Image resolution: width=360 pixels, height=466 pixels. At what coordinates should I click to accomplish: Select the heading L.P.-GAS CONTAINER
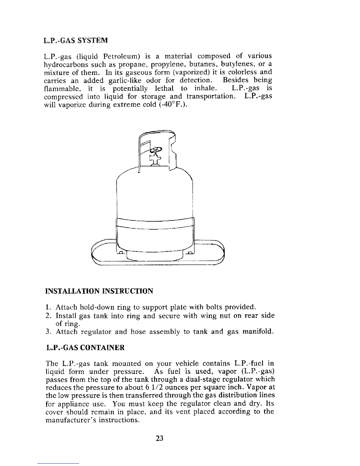pyautogui.click(x=85, y=348)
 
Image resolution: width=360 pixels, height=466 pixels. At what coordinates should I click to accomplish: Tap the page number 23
pyautogui.click(x=159, y=438)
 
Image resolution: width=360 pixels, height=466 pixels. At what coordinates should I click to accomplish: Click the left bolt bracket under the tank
pyautogui.click(x=121, y=253)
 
